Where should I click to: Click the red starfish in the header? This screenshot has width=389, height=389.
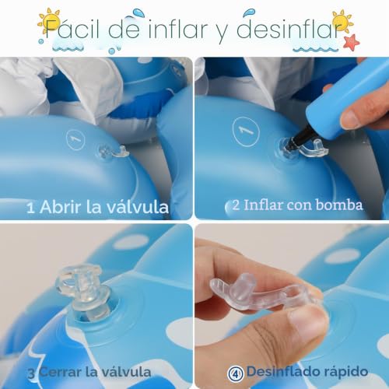pos(352,42)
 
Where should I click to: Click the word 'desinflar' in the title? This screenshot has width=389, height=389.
pos(289,29)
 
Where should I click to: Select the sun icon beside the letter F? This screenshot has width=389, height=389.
pos(49,21)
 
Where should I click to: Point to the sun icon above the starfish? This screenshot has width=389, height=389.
pos(342,21)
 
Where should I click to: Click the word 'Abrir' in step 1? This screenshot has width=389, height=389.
pos(61,207)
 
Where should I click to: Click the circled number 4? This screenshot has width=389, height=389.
pos(236,373)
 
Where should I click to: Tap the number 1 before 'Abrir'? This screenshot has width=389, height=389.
pos(30,209)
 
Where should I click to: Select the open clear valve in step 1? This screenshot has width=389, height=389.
pos(112,153)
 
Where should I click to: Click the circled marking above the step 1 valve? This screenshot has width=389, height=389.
pos(75,139)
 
